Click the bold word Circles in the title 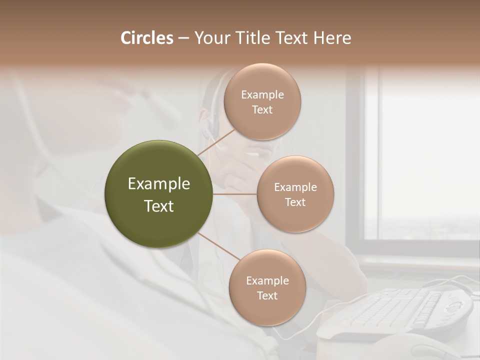146,38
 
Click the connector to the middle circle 235,194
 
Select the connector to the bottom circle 218,246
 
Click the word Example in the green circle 159,184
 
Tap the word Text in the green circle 159,206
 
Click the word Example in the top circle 262,95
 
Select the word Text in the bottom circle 267,295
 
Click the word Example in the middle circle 295,187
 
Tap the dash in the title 183,38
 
